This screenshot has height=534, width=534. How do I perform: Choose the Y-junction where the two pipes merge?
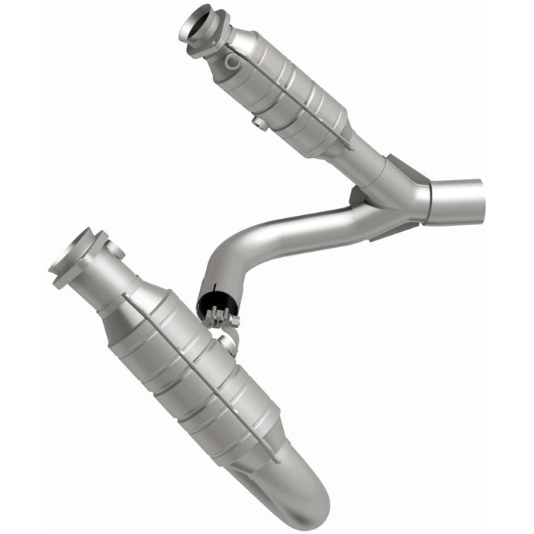click(404, 195)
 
